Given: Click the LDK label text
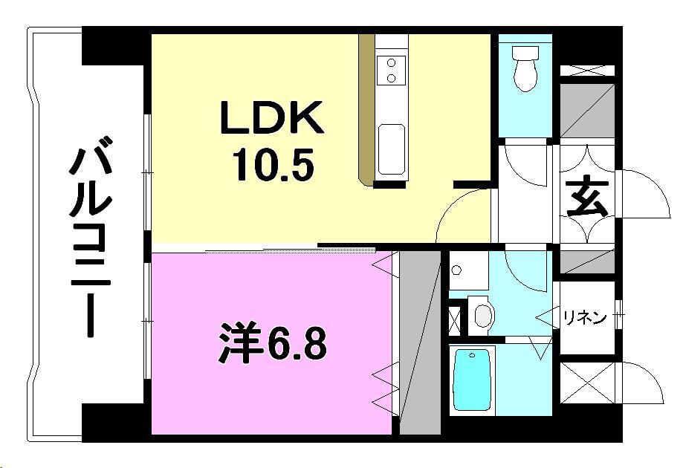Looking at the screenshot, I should pos(271,119).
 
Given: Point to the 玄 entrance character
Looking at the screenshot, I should pos(588,200).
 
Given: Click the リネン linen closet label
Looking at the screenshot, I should pos(584,318).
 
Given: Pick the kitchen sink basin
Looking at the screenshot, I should pos(391,149).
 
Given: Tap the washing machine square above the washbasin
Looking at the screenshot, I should pos(467,270).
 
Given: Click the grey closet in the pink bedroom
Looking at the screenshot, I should pos(420,342).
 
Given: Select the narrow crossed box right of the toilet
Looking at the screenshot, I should pos(586,71).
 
